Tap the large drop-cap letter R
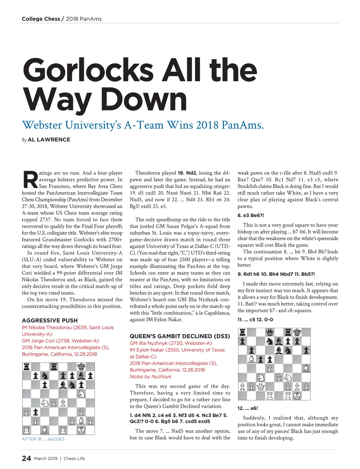coord(30,180)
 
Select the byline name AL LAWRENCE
coord(49,140)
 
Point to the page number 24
coord(26,458)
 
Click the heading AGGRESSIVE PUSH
coord(50,320)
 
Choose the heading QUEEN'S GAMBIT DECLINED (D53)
coord(180,336)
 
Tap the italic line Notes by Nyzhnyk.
coord(151,377)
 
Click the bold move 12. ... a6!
coord(248,408)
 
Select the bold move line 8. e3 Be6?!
coord(251,215)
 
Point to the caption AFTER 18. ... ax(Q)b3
coord(43,439)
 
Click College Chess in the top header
coord(41,19)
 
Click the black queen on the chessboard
coord(270,332)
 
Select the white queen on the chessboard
coord(261,387)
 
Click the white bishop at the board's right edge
coord(306,368)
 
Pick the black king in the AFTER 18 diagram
coord(81,366)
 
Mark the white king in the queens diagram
coord(297,396)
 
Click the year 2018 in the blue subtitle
coord(207,125)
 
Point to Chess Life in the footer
coord(74,459)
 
